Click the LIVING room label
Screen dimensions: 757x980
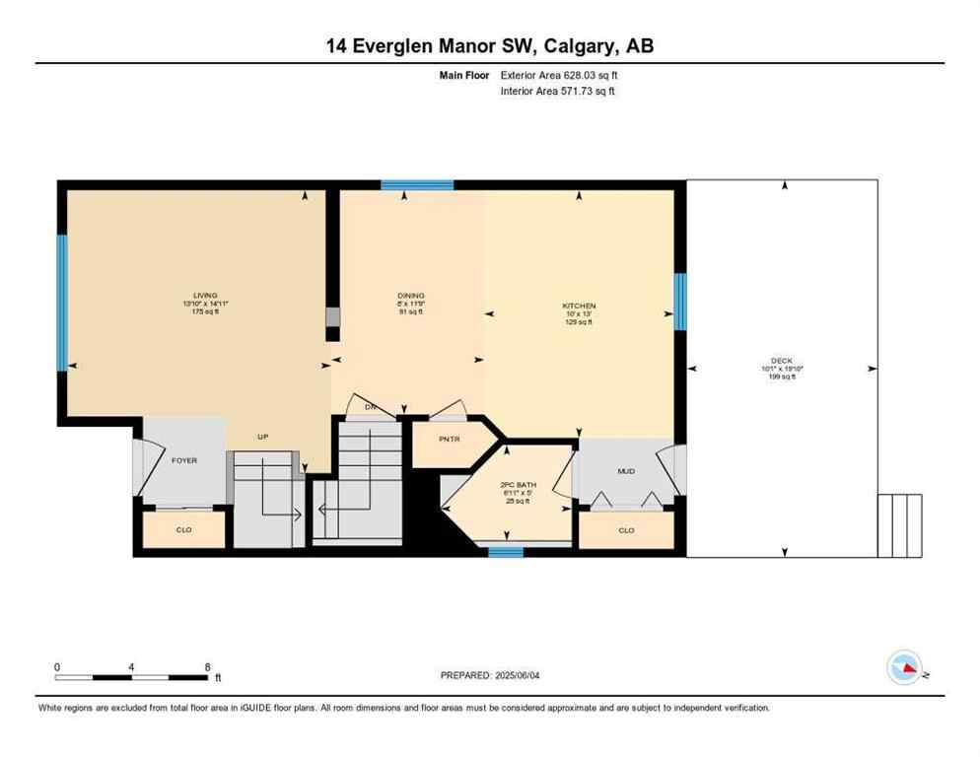pyautogui.click(x=205, y=295)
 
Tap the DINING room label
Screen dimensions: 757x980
pyautogui.click(x=410, y=295)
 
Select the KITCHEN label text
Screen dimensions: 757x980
pyautogui.click(x=579, y=306)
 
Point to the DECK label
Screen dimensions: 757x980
pyautogui.click(x=782, y=361)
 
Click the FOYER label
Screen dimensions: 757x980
pyautogui.click(x=185, y=459)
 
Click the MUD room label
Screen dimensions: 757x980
pyautogui.click(x=626, y=471)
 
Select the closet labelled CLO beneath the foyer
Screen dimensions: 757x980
pyautogui.click(x=183, y=530)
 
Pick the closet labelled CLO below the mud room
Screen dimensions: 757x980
pyautogui.click(x=626, y=530)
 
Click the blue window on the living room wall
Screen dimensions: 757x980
pyautogui.click(x=61, y=303)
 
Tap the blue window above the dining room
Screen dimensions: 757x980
pyautogui.click(x=417, y=184)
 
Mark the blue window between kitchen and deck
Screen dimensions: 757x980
pyautogui.click(x=679, y=302)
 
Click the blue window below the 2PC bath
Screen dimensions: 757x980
pyautogui.click(x=506, y=552)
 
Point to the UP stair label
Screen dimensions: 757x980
pyautogui.click(x=263, y=437)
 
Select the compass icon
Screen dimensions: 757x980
pyautogui.click(x=905, y=668)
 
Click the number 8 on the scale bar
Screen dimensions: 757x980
pyautogui.click(x=207, y=666)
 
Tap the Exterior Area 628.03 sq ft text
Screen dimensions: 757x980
pyautogui.click(x=563, y=74)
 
